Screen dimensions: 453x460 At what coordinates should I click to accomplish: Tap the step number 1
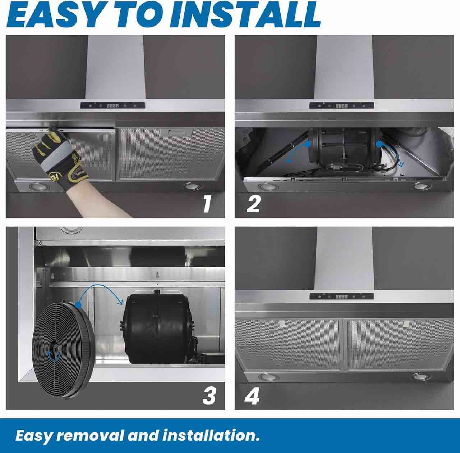click(207, 203)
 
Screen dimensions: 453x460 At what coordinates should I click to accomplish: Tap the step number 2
click(253, 203)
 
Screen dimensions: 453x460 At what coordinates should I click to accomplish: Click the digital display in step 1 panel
click(112, 106)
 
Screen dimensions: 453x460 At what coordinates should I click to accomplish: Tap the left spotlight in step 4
click(265, 377)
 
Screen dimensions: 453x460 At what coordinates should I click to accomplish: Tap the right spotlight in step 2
click(419, 186)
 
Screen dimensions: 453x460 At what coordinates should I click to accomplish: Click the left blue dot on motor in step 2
click(307, 144)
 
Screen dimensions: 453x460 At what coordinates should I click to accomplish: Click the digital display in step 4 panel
click(341, 296)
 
